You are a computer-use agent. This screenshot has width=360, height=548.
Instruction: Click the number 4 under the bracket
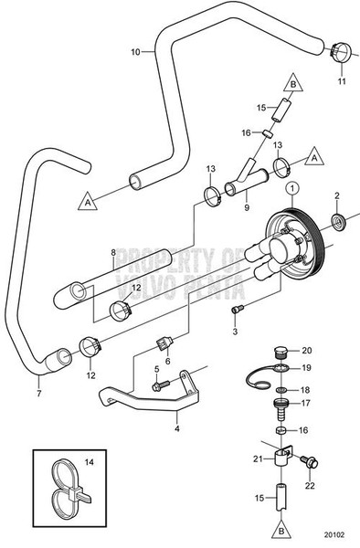pos(175,421)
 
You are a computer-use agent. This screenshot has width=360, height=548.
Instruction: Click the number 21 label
pos(258,458)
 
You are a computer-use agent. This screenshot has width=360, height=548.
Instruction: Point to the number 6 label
pos(167,361)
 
